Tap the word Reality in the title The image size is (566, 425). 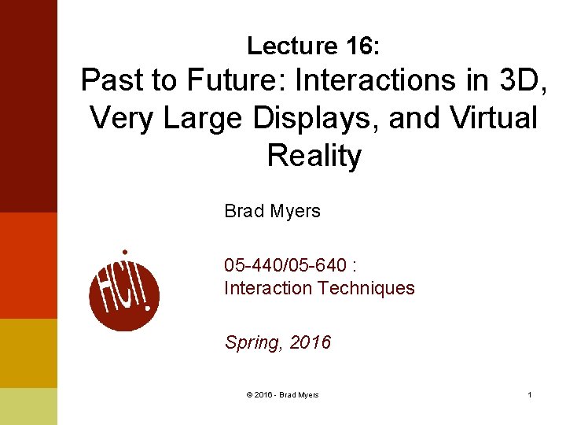(x=314, y=156)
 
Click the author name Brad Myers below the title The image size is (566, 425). (x=272, y=211)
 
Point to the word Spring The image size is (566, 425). (x=253, y=342)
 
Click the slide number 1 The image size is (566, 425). (x=530, y=394)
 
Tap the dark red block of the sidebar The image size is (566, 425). (x=28, y=106)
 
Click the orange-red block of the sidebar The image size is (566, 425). (x=28, y=265)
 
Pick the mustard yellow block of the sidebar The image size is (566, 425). (x=28, y=353)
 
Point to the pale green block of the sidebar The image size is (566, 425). (x=28, y=406)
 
